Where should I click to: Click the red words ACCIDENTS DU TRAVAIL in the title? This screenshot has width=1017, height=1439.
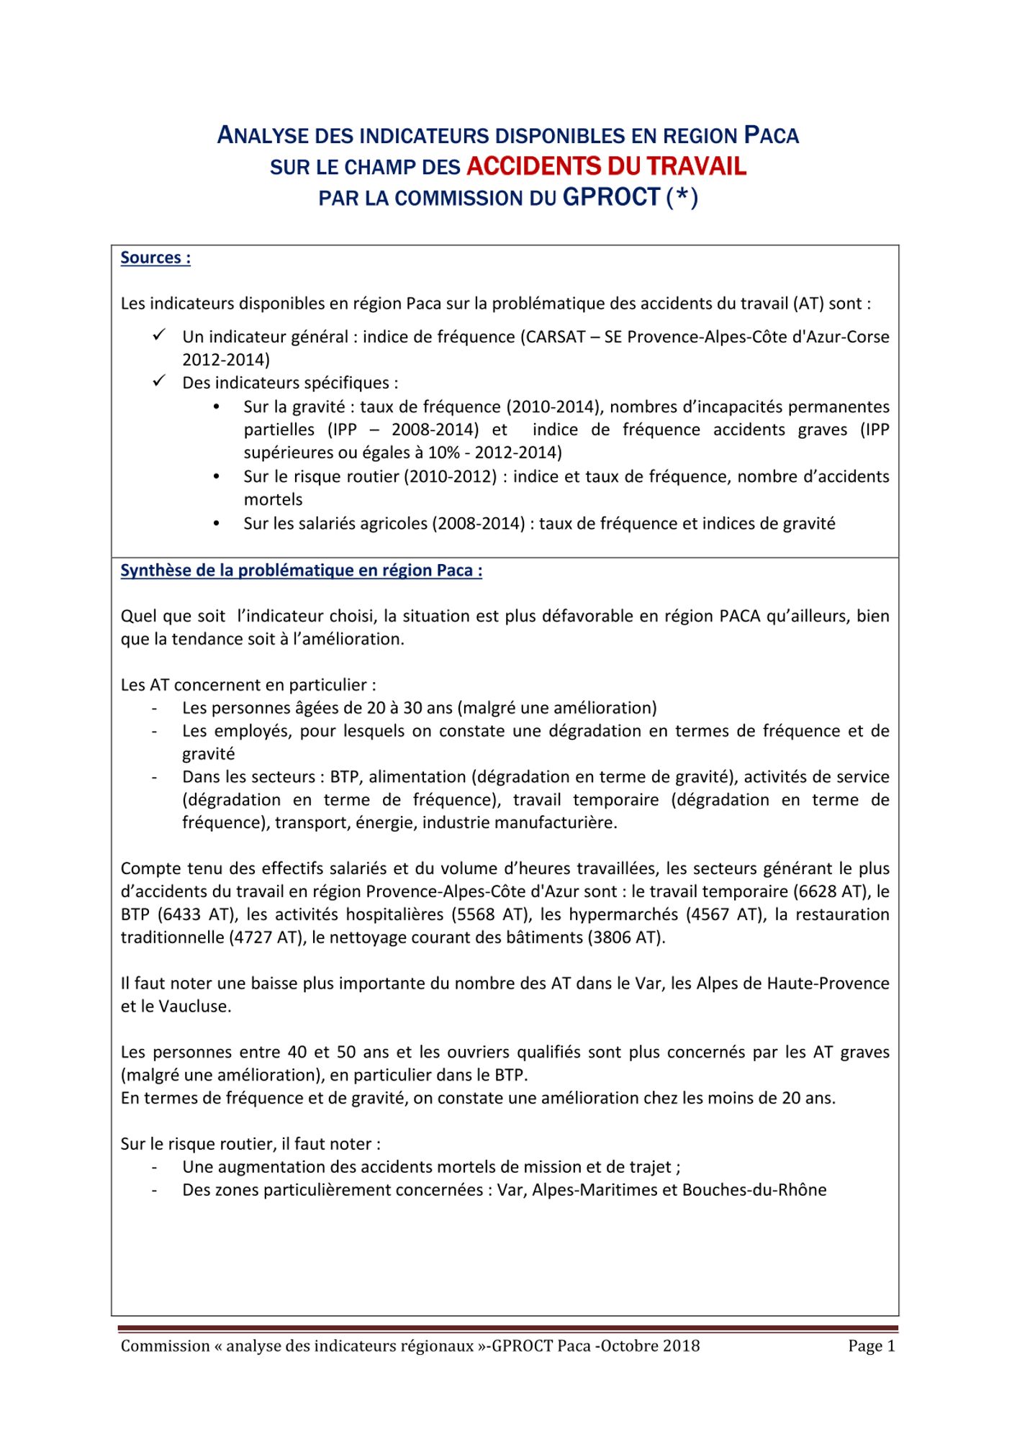tap(606, 166)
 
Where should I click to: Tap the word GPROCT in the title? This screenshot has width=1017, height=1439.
tap(611, 197)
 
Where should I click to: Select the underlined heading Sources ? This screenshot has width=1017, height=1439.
tap(155, 258)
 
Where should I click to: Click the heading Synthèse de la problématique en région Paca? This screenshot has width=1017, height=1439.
tap(301, 571)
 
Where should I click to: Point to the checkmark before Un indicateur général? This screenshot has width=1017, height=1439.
tap(159, 335)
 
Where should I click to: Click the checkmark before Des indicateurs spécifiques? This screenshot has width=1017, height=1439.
tap(159, 381)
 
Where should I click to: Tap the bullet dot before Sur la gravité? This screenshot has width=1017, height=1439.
tap(217, 407)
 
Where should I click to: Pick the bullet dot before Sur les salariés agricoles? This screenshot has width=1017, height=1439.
tap(217, 524)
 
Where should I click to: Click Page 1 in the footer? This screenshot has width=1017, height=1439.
tap(871, 1346)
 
